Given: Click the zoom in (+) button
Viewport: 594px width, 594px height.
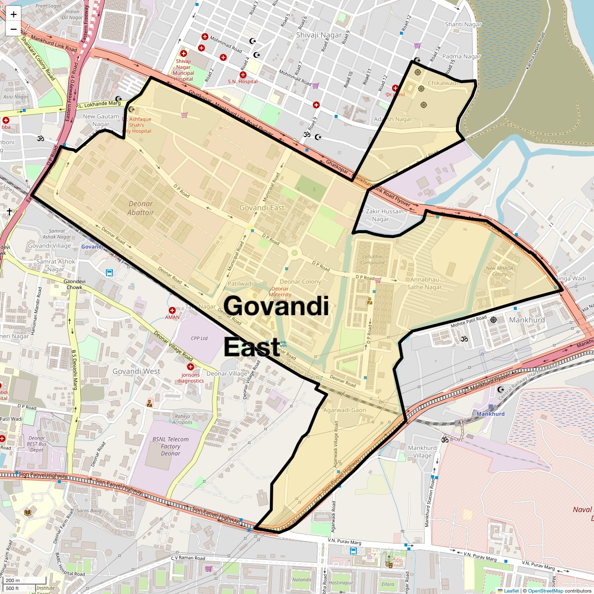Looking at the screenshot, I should (x=13, y=14).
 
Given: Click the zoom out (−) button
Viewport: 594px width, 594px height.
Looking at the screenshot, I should (x=13, y=29).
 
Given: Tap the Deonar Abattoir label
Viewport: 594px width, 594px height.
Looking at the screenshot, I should (x=141, y=208).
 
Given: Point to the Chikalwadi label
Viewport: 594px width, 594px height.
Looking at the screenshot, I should (x=443, y=83).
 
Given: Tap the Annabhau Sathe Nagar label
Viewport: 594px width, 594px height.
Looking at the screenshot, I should (x=424, y=283).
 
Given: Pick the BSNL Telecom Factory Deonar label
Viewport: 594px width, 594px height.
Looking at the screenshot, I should (x=170, y=446).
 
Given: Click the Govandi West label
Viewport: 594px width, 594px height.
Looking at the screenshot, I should (x=136, y=371).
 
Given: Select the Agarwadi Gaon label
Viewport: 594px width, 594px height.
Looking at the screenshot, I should (x=345, y=410).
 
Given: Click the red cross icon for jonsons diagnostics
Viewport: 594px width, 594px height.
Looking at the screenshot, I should (x=191, y=367).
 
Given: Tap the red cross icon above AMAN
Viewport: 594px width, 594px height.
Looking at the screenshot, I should (x=172, y=310).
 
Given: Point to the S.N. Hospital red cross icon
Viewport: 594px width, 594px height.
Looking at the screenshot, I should (x=243, y=74).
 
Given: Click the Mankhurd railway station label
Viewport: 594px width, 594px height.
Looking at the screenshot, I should (x=490, y=414).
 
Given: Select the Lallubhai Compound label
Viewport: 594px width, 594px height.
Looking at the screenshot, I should (x=373, y=259).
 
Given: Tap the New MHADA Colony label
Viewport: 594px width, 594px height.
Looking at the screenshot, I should (x=499, y=271).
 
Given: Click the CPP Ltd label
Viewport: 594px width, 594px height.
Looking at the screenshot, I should (x=199, y=339).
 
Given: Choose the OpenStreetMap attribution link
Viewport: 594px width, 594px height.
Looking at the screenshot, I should (x=545, y=591).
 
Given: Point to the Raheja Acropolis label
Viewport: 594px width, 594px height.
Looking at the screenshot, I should (x=183, y=419).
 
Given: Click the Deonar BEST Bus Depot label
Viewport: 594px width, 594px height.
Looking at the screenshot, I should (x=37, y=444).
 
